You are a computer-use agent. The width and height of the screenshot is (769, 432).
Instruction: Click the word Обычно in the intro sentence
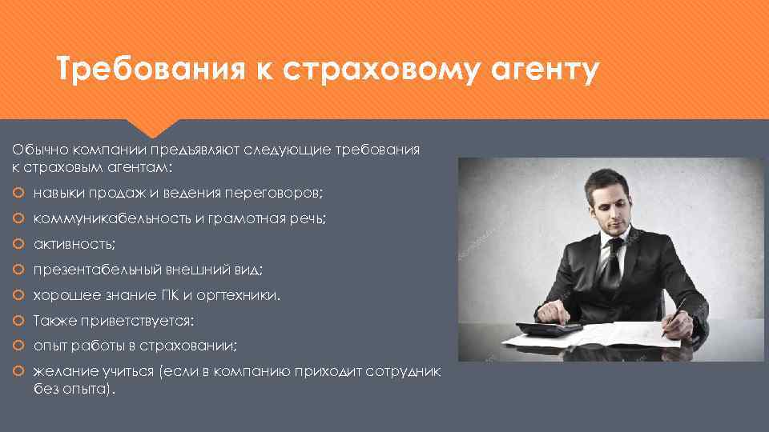[34, 150]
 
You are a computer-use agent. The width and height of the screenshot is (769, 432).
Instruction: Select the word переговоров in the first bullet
[276, 194]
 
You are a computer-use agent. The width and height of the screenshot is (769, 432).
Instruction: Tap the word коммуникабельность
[111, 219]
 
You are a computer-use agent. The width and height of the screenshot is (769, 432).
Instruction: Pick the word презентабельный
[97, 270]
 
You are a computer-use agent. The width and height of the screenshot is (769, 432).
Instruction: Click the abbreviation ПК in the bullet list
[173, 296]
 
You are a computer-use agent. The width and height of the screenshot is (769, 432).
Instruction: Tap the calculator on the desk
[549, 328]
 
